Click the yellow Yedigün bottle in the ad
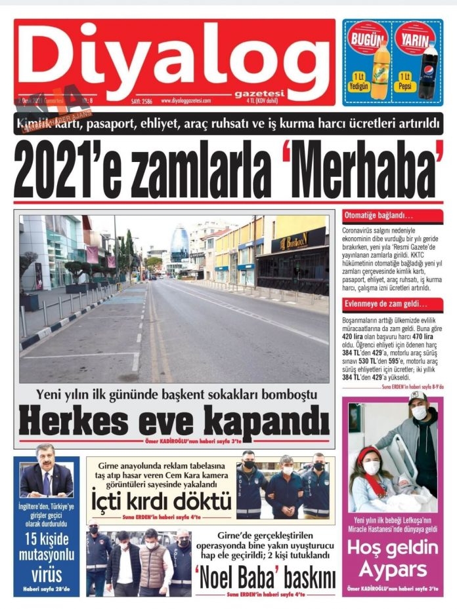(x=380, y=69)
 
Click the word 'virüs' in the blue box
(x=46, y=575)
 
